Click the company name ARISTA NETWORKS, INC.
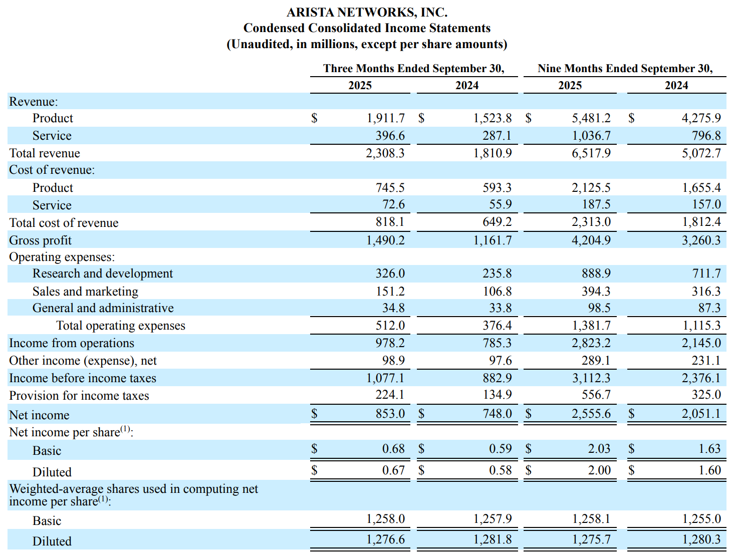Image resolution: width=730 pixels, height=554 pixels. pyautogui.click(x=367, y=12)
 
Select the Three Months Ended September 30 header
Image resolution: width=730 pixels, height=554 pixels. pyautogui.click(x=413, y=68)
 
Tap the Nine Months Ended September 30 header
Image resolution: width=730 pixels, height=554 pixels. pyautogui.click(x=625, y=68)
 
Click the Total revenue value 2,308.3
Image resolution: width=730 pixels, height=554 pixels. pyautogui.click(x=385, y=153)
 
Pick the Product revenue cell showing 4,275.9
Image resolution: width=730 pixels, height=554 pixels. pyautogui.click(x=701, y=118)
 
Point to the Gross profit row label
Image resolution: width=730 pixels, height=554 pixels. pyautogui.click(x=40, y=240)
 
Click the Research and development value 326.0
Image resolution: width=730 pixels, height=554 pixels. pyautogui.click(x=390, y=273)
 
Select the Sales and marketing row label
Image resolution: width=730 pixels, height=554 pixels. pyautogui.click(x=85, y=292)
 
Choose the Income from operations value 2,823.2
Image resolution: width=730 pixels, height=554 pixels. pyautogui.click(x=591, y=343)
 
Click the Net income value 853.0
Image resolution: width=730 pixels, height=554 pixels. pyautogui.click(x=390, y=414)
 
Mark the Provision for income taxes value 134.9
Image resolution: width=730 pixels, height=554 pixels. pyautogui.click(x=497, y=395)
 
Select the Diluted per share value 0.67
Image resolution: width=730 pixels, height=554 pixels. pyautogui.click(x=393, y=470)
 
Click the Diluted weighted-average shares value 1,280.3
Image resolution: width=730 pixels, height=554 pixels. pyautogui.click(x=701, y=539)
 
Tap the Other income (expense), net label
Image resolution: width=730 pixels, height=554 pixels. pyautogui.click(x=83, y=361)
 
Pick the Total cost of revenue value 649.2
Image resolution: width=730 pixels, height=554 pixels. pyautogui.click(x=497, y=222)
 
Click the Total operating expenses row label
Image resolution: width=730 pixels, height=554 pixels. pyautogui.click(x=120, y=326)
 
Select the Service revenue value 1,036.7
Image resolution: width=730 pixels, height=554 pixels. pyautogui.click(x=591, y=136)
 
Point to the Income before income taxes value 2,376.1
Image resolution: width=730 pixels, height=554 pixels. pyautogui.click(x=701, y=378)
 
